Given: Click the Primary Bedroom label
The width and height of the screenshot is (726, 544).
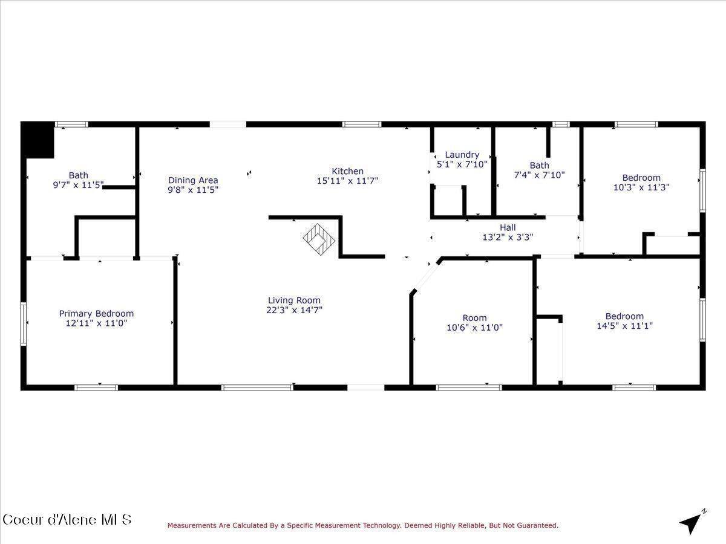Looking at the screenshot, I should (x=96, y=314).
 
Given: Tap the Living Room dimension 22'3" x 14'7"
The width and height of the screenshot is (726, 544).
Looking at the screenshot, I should (x=295, y=310).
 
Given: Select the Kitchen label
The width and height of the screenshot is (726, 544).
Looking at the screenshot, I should (x=347, y=171).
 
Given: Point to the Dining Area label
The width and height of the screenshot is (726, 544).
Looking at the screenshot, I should (x=193, y=180).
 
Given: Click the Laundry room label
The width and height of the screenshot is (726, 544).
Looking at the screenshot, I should (x=462, y=155).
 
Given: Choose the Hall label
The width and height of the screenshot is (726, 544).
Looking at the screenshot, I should (x=508, y=228).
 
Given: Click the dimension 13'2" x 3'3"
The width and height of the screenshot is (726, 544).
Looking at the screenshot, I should (x=508, y=238).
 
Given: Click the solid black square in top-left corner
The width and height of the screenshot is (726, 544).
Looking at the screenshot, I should (x=38, y=140).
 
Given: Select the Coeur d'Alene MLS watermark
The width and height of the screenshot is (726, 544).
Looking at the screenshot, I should (x=67, y=519).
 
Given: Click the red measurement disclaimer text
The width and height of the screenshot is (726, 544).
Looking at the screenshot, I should (x=363, y=526).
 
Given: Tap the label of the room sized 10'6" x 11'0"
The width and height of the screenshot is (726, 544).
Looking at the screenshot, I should (x=474, y=318).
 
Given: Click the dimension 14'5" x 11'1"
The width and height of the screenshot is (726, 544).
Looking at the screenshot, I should (x=624, y=326).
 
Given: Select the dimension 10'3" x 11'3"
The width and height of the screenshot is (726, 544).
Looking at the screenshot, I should (x=641, y=187).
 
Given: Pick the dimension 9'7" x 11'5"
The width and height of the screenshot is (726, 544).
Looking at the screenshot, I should (x=78, y=186).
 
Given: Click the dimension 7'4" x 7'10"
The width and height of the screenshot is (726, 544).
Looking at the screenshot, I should (x=539, y=175).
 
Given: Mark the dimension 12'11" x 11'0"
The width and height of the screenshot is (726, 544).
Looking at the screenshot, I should (x=96, y=323).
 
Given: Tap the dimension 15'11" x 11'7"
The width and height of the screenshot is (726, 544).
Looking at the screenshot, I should (x=347, y=181).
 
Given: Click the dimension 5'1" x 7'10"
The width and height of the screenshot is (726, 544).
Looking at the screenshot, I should (x=462, y=164).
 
